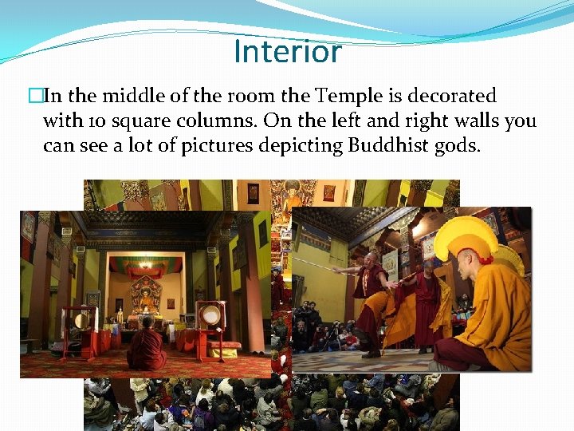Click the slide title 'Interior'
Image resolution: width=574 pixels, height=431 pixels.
(x=288, y=52)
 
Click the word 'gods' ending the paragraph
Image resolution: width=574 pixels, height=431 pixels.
(x=458, y=148)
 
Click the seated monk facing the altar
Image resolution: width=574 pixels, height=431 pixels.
(x=148, y=345)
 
